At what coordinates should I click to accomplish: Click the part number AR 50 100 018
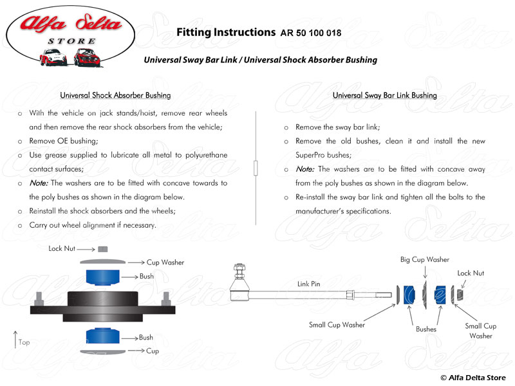click(311, 32)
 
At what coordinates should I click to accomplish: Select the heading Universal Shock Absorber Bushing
click(115, 95)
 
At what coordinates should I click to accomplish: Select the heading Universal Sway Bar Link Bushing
click(384, 95)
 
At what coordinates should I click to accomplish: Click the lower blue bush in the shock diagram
click(103, 337)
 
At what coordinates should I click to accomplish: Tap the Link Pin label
click(309, 283)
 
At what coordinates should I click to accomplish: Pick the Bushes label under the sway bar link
click(426, 329)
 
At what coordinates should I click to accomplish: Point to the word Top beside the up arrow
click(24, 342)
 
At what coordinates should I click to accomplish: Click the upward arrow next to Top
click(15, 338)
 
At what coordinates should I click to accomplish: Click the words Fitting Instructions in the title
click(225, 32)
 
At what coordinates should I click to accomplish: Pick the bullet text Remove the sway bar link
click(329, 127)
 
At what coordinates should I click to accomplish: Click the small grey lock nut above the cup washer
click(103, 249)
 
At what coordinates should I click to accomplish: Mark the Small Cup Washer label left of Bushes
click(337, 325)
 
